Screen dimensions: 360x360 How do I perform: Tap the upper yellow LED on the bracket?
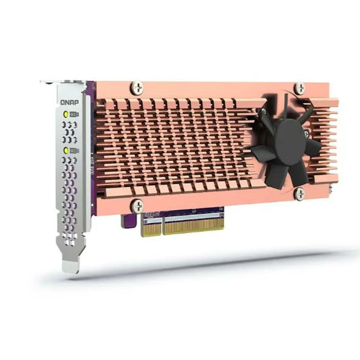tap(65, 114)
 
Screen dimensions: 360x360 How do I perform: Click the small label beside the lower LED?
tap(74, 150)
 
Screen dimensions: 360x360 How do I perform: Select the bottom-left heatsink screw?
tap(137, 205)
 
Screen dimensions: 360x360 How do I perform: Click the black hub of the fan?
tap(291, 141)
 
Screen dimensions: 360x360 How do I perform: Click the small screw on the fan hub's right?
tap(307, 133)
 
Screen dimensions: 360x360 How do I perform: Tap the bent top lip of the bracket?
tap(57, 82)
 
